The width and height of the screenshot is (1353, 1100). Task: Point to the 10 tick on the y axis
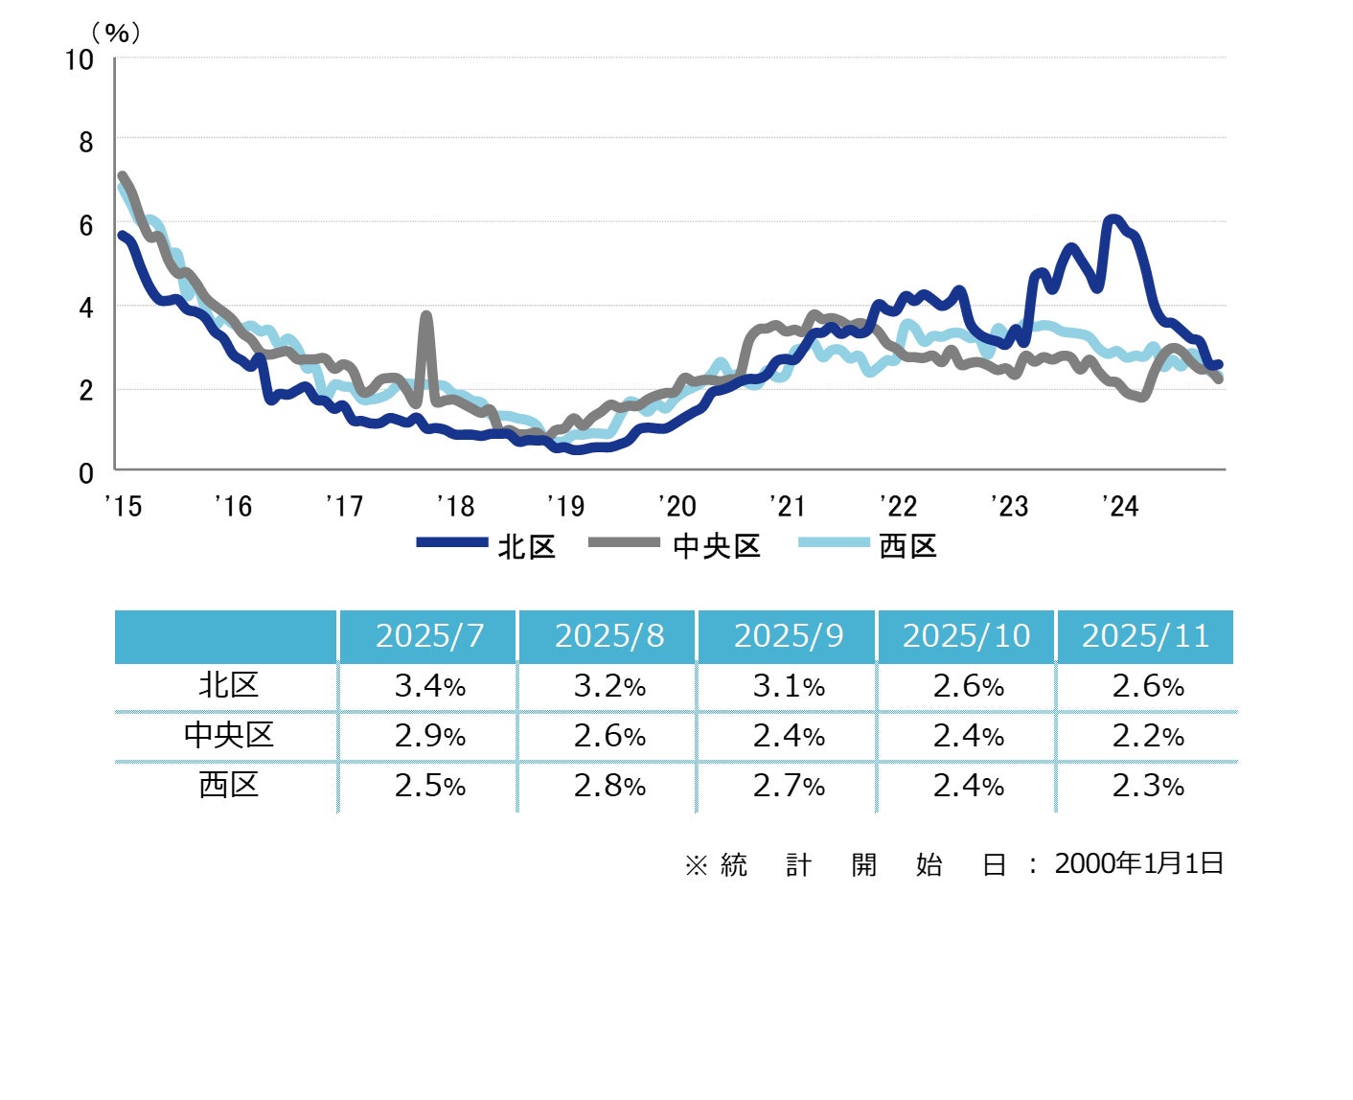(80, 60)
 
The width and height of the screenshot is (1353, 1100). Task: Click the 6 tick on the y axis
(86, 225)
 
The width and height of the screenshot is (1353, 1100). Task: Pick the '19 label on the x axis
(565, 506)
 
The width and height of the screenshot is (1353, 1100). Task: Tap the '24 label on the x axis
(1119, 506)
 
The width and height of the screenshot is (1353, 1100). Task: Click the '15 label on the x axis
(124, 506)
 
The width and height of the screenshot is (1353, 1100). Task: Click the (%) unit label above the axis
(116, 34)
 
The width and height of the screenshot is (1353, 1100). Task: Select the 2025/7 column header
(429, 636)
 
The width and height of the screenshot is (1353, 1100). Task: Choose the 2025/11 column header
(1146, 636)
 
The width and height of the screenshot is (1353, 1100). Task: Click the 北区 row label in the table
(228, 686)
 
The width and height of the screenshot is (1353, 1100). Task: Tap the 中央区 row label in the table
(228, 735)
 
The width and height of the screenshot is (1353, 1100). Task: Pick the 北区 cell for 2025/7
(429, 686)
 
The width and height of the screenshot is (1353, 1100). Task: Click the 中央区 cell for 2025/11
(1147, 736)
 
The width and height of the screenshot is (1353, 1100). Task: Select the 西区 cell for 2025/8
(609, 786)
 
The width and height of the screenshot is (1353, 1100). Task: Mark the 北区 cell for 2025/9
(789, 686)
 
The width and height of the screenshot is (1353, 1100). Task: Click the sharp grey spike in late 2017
(426, 315)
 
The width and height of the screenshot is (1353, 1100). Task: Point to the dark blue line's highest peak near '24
(1112, 219)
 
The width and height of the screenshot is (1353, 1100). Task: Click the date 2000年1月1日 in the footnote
(1138, 863)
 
